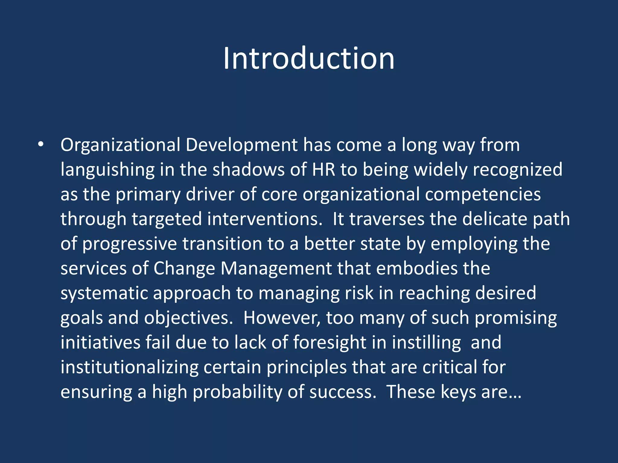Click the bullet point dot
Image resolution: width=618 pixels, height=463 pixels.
41,145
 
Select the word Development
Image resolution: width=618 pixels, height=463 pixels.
241,145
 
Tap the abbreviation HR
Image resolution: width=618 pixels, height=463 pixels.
323,169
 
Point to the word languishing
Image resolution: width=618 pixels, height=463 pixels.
107,170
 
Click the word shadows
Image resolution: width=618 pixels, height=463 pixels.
248,169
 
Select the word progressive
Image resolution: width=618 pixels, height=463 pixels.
129,244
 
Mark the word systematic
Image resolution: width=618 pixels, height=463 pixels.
104,294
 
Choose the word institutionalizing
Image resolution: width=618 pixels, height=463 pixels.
129,368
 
